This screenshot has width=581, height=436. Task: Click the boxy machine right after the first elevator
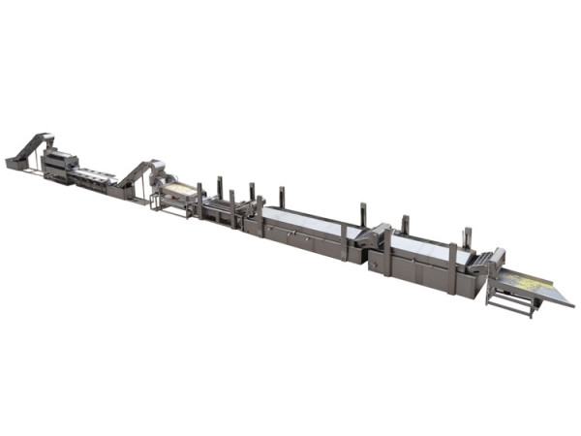pos(59,164)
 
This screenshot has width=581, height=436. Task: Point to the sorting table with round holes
pos(95,175)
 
